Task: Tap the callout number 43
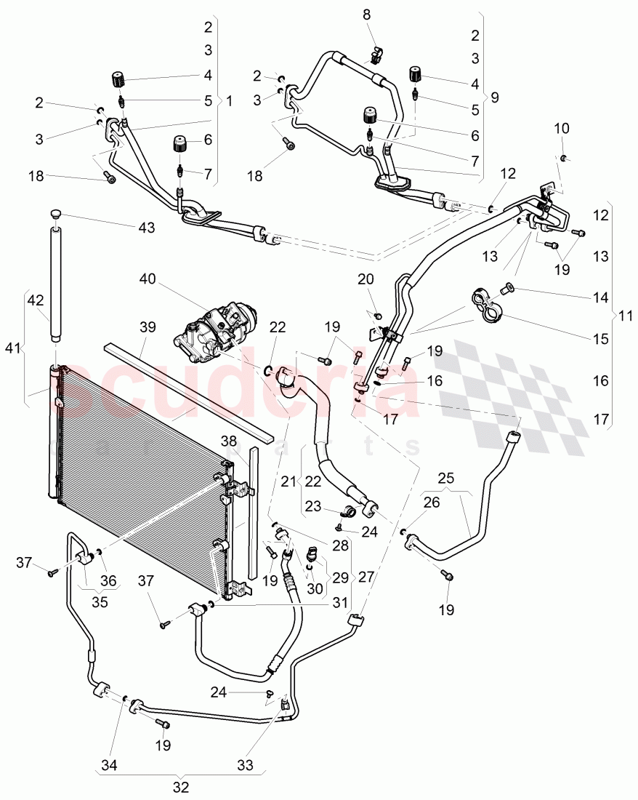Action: tap(148, 227)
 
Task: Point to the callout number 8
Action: tap(366, 14)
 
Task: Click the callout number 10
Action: tap(562, 129)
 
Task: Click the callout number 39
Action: tap(148, 329)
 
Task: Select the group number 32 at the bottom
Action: tap(181, 786)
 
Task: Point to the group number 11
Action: tap(624, 316)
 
